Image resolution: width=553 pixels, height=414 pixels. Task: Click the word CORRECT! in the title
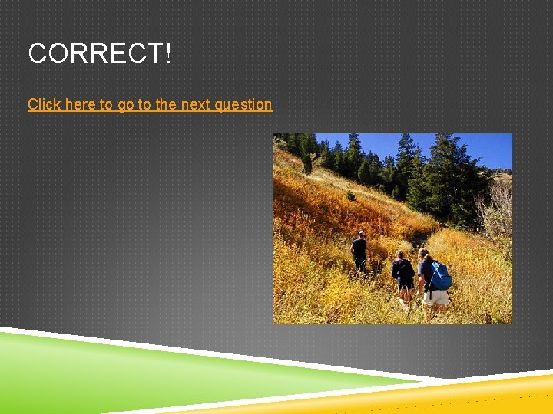[x=100, y=54]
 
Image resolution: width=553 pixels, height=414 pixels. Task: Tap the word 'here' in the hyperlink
[x=80, y=104]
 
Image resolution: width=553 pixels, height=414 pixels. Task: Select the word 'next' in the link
[x=195, y=104]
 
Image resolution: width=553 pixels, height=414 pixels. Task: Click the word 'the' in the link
[x=165, y=104]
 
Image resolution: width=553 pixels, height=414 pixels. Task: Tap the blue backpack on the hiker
[x=440, y=274]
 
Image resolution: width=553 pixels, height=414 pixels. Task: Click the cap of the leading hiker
[x=361, y=233]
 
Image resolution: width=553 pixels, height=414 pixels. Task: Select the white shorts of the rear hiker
[x=436, y=297]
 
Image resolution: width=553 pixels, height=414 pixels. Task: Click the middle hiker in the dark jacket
[x=403, y=272]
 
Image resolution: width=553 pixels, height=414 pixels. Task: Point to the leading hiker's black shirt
[x=359, y=248]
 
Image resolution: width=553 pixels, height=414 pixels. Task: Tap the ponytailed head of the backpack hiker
[x=423, y=254]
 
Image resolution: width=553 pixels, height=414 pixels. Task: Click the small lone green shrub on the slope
[x=350, y=196]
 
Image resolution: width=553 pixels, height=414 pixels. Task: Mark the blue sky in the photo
[x=476, y=147]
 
